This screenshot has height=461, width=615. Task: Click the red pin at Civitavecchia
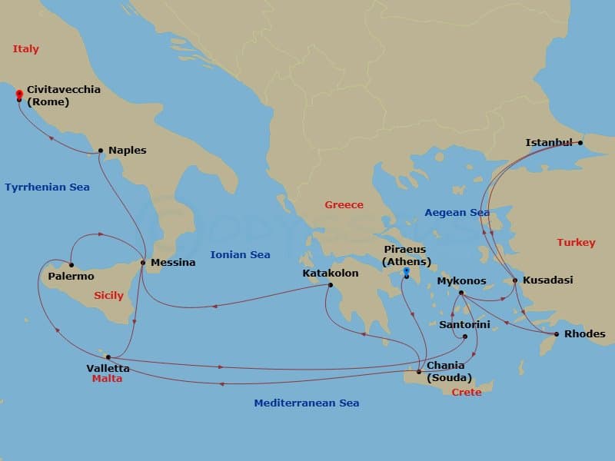pos(18,95)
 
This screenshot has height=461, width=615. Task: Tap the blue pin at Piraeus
pos(405,271)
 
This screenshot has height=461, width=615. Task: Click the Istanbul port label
pos(549,142)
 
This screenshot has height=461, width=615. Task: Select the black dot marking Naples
pos(101,151)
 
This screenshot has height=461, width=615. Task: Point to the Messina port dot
pos(143,263)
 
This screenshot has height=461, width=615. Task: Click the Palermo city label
pos(71,276)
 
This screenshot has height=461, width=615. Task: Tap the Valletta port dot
pos(108,357)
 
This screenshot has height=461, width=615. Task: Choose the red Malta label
pos(107,379)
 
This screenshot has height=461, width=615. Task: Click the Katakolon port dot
pos(331,286)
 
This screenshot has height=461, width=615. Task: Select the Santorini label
pos(464,325)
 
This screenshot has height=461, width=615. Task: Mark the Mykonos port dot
pos(460,293)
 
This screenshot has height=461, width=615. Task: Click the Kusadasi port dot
pos(515,280)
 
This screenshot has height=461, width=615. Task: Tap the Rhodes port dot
pos(556,334)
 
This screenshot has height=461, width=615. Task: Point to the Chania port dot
pos(418,372)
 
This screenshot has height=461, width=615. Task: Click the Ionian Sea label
pos(240,254)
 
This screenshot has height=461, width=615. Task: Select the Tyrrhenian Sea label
pos(47,187)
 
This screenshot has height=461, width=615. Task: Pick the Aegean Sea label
pos(457,212)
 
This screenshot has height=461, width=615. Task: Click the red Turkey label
pos(576,242)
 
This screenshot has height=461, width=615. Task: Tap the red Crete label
pos(467,392)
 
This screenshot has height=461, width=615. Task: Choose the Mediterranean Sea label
pos(307,403)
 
